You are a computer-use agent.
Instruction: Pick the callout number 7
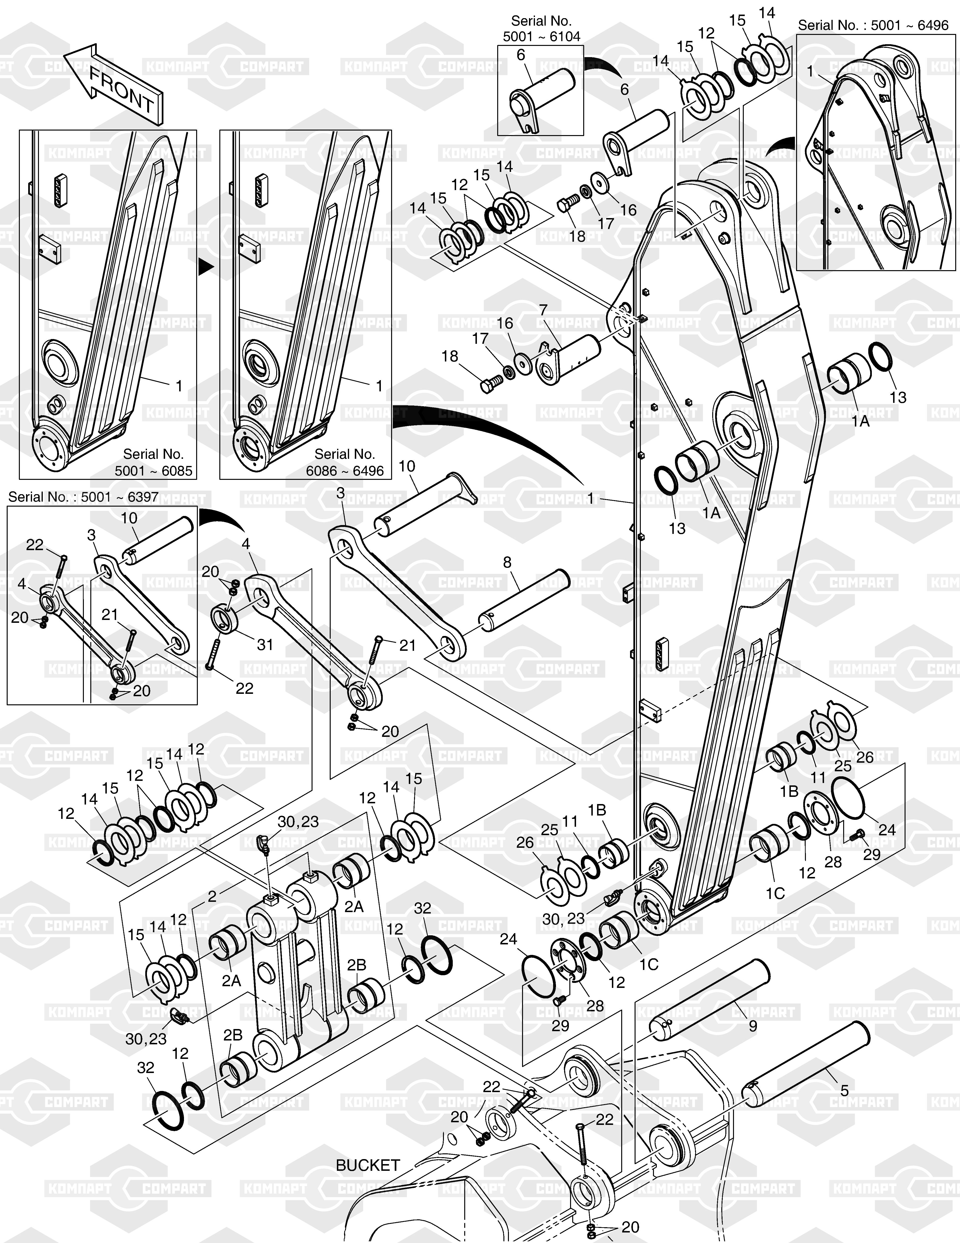tap(543, 310)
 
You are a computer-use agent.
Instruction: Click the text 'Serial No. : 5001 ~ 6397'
tap(83, 497)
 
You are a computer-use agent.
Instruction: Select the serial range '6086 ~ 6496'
tap(345, 471)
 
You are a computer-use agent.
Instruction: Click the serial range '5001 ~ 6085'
tap(154, 471)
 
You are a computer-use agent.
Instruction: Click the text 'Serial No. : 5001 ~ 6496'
tap(873, 25)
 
